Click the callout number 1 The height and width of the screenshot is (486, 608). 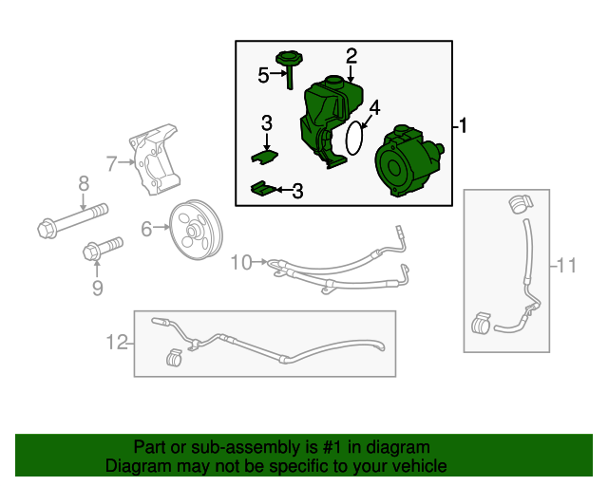(x=463, y=125)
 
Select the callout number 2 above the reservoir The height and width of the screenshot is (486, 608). (x=351, y=56)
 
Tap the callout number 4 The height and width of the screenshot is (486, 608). (x=374, y=108)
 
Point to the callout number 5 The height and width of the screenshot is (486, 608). (x=263, y=75)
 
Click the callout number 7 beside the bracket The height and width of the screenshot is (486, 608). (x=111, y=164)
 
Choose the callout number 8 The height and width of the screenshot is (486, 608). (x=84, y=183)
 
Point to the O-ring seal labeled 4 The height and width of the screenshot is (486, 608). (x=354, y=138)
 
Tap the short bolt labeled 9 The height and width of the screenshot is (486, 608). (x=104, y=248)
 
